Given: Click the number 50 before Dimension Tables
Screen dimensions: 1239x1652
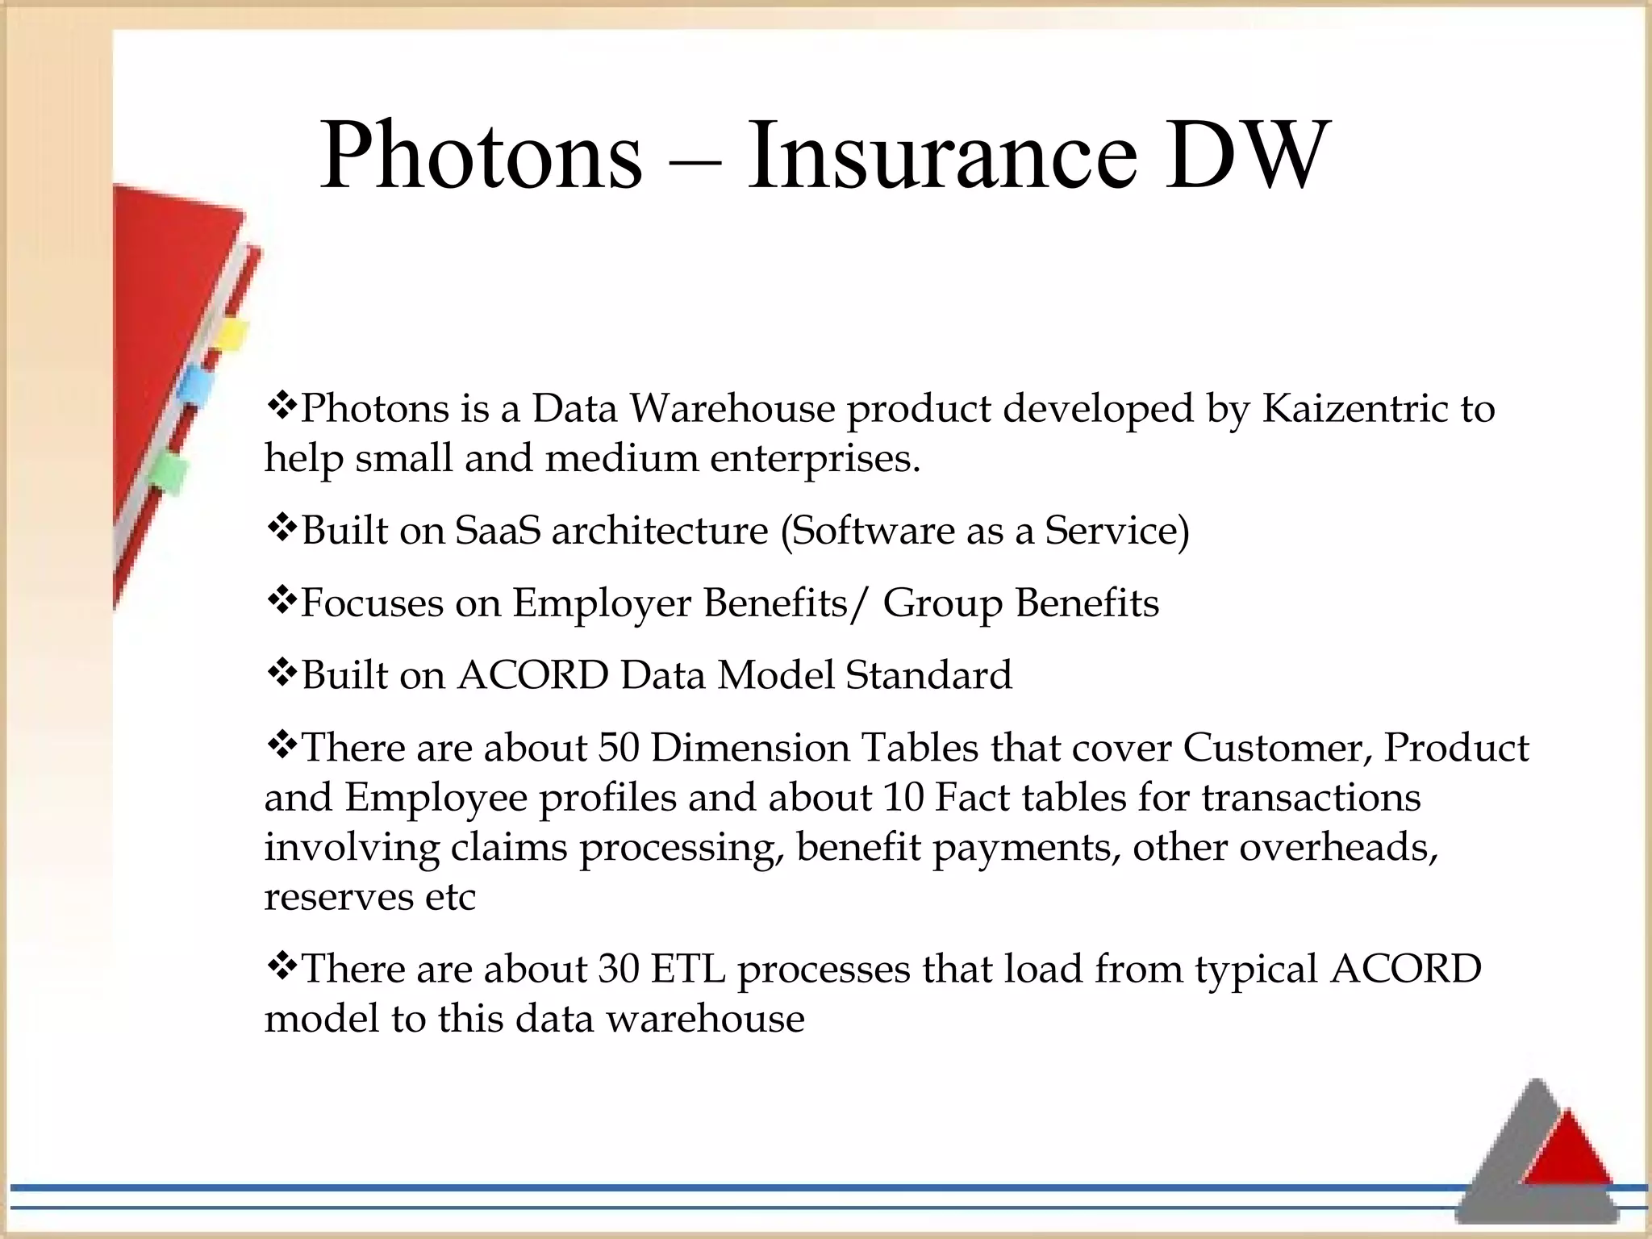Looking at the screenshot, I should (x=619, y=748).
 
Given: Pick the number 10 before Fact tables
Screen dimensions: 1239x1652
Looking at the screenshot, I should (x=903, y=798).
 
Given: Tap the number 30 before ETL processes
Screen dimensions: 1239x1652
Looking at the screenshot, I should (x=619, y=969).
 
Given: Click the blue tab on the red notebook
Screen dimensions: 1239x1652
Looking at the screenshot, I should (x=195, y=388).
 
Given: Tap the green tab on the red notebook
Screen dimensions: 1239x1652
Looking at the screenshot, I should (x=169, y=472).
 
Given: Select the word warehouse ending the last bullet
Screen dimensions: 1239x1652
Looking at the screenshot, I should (x=705, y=1019).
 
